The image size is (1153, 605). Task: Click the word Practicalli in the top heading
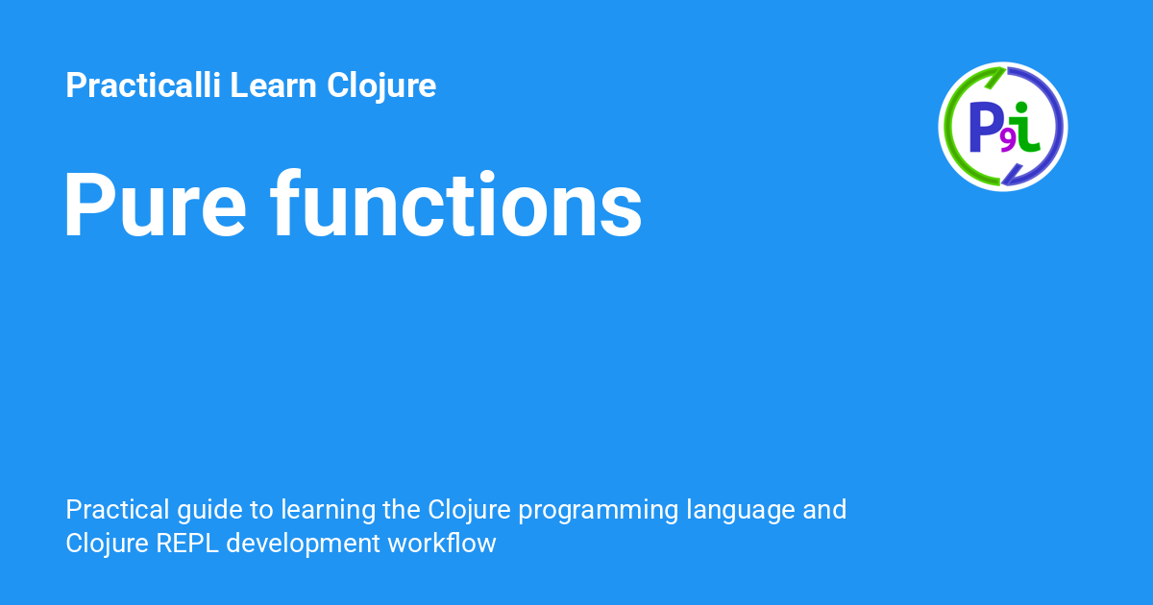point(143,85)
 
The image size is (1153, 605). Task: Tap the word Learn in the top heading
point(273,85)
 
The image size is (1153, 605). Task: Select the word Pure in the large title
point(155,205)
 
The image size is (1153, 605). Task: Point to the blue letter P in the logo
point(984,127)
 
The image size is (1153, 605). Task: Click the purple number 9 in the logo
point(1008,141)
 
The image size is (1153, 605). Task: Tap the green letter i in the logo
point(1025,127)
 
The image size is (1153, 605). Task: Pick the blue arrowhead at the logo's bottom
point(1012,175)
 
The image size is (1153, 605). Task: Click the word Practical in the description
point(117,510)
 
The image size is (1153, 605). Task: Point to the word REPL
point(187,544)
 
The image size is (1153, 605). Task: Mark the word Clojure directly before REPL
point(107,544)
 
